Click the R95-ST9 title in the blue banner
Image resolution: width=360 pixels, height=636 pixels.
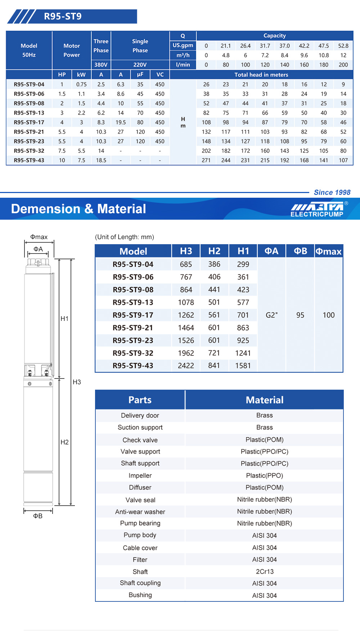(x=63, y=17)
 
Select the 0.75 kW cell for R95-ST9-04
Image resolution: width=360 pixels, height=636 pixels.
(x=81, y=84)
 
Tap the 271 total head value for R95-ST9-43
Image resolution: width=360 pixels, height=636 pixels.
(x=206, y=160)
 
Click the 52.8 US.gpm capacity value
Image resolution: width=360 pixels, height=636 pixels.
(x=343, y=46)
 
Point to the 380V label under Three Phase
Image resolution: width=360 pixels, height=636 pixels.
(x=101, y=65)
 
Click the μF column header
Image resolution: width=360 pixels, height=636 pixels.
(x=140, y=75)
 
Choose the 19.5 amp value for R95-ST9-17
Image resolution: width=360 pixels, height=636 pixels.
(x=121, y=122)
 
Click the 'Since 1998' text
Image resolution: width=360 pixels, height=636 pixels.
(x=332, y=192)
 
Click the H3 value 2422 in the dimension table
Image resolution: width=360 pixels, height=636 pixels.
(x=186, y=366)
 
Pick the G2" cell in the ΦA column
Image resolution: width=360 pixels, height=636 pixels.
(x=271, y=315)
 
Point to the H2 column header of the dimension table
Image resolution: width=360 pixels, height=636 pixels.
(x=214, y=251)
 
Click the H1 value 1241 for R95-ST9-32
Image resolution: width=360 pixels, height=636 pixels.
(x=243, y=353)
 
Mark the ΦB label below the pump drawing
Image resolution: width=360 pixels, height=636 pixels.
(x=38, y=516)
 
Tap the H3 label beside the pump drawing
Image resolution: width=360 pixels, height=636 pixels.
(x=77, y=382)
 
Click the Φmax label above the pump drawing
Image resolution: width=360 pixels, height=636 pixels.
(x=39, y=237)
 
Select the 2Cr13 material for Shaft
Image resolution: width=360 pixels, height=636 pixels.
(x=265, y=572)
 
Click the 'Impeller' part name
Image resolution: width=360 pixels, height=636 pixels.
(x=140, y=475)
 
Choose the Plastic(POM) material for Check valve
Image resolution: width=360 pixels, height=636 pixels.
(x=265, y=440)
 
